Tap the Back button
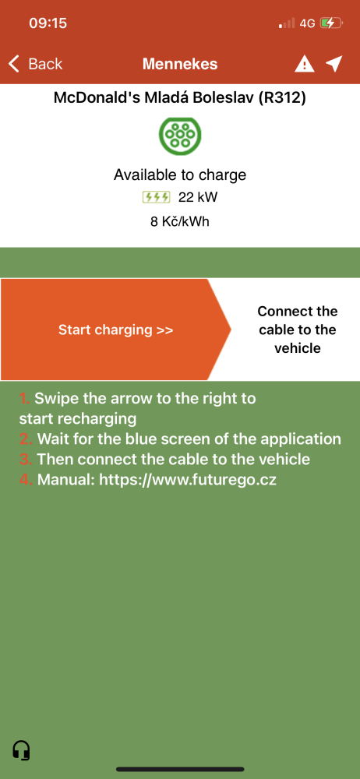(x=35, y=64)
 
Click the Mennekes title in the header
(x=180, y=64)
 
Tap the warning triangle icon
(x=305, y=64)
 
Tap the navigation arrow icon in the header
(x=334, y=64)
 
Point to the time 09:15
(x=48, y=23)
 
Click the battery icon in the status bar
(x=330, y=23)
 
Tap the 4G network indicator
(x=307, y=23)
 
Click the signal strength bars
(x=287, y=23)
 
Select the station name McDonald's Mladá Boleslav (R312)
(x=180, y=98)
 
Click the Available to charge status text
(x=180, y=174)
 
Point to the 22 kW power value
(x=198, y=198)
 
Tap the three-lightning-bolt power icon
(x=156, y=198)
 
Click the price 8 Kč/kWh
(x=180, y=221)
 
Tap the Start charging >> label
(x=116, y=330)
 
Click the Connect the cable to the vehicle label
(x=298, y=330)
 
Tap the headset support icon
(x=21, y=749)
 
